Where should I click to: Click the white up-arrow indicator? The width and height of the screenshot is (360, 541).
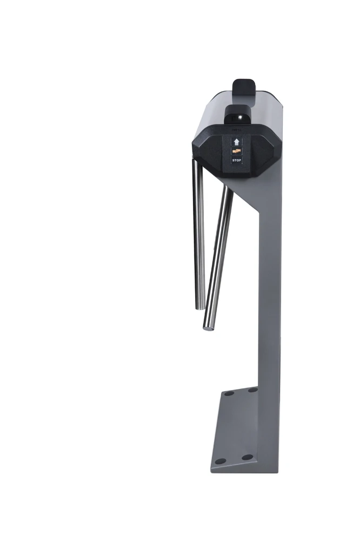click(x=236, y=141)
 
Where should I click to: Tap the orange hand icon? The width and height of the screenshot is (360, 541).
click(x=236, y=151)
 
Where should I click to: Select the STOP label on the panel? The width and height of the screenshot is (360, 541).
click(x=236, y=161)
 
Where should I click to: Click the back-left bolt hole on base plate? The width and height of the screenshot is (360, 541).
click(x=229, y=393)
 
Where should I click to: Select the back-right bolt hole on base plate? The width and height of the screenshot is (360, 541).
click(x=252, y=390)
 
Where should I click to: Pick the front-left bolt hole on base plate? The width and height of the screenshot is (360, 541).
click(x=220, y=461)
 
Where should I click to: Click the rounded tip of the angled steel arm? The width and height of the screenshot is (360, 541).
click(x=208, y=325)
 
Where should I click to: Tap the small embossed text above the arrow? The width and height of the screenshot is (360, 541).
click(x=236, y=130)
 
